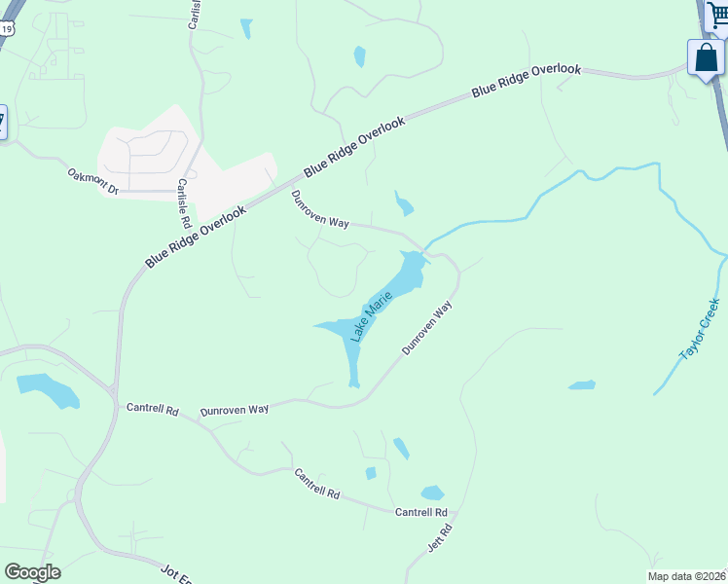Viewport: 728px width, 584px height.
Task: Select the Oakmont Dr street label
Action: [x=92, y=181]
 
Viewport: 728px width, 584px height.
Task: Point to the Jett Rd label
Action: [x=440, y=538]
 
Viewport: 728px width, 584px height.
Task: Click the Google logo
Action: [x=32, y=572]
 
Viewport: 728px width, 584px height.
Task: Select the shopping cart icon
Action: [x=717, y=15]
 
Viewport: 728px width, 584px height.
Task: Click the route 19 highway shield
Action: [x=6, y=30]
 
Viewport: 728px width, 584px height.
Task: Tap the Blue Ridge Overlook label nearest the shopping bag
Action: [x=527, y=80]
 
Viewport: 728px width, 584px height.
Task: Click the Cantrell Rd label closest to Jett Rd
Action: [x=421, y=512]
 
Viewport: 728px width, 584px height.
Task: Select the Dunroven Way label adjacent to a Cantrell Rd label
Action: [x=234, y=411]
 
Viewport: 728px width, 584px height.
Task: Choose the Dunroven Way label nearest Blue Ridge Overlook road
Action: [x=320, y=209]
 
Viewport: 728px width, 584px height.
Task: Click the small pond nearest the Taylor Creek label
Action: [x=582, y=385]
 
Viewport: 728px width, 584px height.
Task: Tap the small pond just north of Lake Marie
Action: [x=404, y=205]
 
